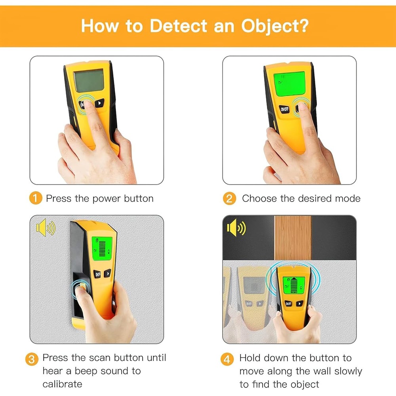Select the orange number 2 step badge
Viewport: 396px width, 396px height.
point(229,198)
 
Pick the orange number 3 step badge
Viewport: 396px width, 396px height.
point(32,360)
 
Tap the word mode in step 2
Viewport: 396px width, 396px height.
point(347,198)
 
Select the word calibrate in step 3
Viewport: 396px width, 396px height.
point(63,384)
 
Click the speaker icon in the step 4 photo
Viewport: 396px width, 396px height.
point(236,228)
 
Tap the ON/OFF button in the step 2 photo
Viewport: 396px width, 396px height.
point(285,109)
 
